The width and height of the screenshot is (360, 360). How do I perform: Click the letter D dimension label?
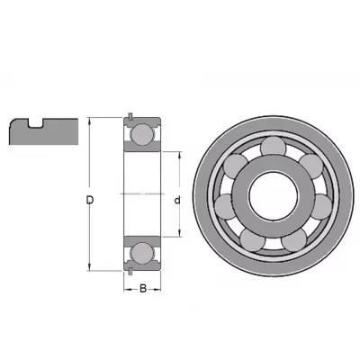point(90,200)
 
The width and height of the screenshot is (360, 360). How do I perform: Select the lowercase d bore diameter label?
point(177,200)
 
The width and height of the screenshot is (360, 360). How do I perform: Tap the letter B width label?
point(143,289)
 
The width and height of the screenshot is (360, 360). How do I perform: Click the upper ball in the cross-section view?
point(142,134)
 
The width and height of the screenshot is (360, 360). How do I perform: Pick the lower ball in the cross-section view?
point(142,254)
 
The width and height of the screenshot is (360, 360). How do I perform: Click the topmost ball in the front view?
point(273,147)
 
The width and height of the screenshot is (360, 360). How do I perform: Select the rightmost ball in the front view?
point(321,207)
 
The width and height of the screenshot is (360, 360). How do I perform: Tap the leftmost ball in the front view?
point(225,207)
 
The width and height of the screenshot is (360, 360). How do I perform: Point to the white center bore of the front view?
point(274,195)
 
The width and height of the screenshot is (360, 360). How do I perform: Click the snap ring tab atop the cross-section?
point(130,116)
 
